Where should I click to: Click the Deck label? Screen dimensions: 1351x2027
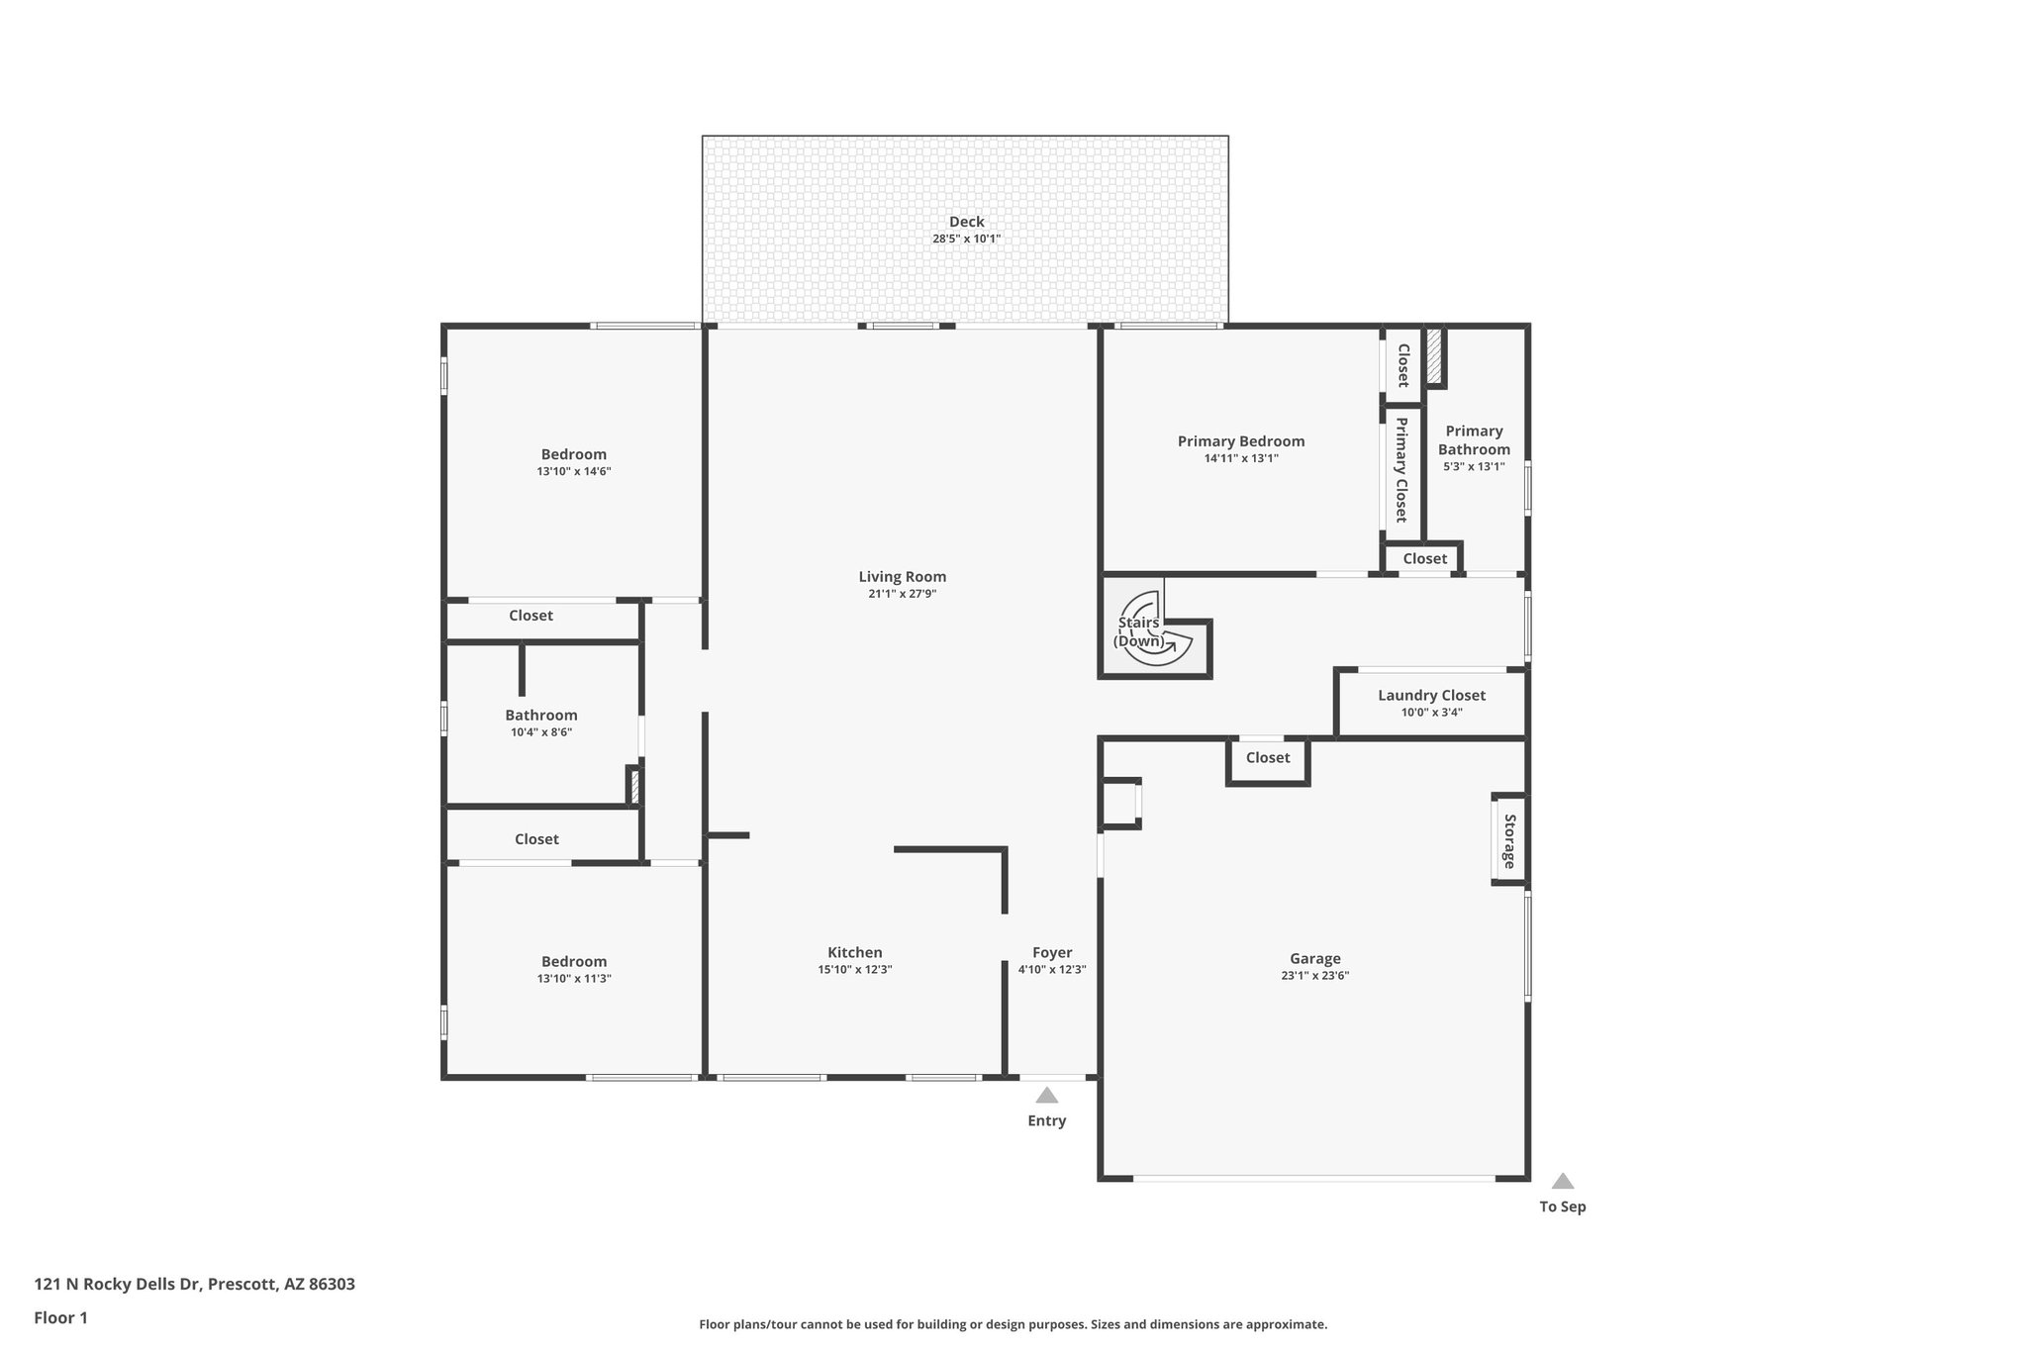[x=966, y=222]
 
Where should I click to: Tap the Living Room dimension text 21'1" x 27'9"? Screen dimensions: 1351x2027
[x=902, y=594]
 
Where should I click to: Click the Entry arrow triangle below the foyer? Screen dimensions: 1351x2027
[x=1046, y=1095]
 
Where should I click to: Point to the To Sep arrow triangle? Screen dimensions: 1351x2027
[x=1562, y=1181]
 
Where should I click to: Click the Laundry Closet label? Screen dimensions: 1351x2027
[x=1431, y=695]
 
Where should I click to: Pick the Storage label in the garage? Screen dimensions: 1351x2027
[x=1509, y=840]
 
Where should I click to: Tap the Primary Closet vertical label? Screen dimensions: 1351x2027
[x=1401, y=469]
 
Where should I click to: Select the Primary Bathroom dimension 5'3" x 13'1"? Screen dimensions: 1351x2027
[x=1474, y=466]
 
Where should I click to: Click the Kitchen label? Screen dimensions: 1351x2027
[x=855, y=952]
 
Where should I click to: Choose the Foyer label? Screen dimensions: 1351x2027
[x=1052, y=952]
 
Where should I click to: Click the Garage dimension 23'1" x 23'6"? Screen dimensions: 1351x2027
[x=1314, y=975]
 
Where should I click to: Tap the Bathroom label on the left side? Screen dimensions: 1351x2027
[x=540, y=715]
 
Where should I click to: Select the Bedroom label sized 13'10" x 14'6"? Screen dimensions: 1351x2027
[x=573, y=454]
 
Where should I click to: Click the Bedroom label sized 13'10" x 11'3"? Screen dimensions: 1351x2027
[x=574, y=961]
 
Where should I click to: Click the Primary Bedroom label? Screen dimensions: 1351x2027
[x=1240, y=441]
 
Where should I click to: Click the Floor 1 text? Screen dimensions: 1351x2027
[x=60, y=1317]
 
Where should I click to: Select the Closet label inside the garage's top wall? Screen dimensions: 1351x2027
[x=1267, y=757]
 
